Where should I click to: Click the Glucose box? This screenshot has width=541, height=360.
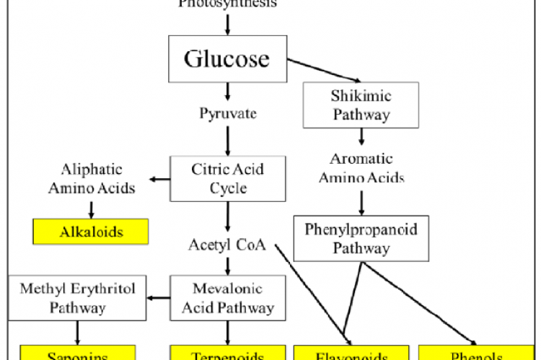click(227, 58)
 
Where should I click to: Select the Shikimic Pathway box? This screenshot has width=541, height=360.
click(361, 105)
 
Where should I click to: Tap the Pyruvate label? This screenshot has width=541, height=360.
click(228, 114)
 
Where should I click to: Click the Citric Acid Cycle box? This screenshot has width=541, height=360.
click(228, 178)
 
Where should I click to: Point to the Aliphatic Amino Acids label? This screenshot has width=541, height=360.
click(91, 178)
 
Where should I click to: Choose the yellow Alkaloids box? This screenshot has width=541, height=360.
click(91, 232)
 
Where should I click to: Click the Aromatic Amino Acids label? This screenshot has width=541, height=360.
click(361, 168)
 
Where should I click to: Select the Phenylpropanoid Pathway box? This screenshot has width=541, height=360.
click(361, 238)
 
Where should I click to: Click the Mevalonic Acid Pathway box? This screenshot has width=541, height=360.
click(228, 298)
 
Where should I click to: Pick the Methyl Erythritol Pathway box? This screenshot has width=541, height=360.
click(77, 298)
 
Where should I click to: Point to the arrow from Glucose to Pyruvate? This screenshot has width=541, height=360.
click(228, 92)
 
